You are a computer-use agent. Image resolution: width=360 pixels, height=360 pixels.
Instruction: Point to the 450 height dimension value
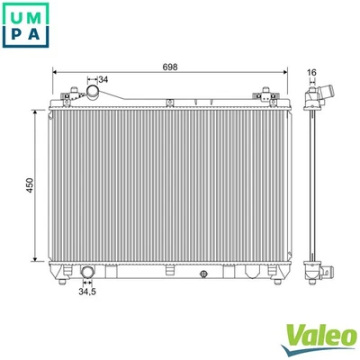pos(29,184)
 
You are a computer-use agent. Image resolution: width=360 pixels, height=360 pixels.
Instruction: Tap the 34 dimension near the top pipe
pos(103,81)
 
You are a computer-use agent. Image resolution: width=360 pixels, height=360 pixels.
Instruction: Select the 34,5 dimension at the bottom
pos(87,292)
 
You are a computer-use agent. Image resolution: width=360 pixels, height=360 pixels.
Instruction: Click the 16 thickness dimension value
pos(311,71)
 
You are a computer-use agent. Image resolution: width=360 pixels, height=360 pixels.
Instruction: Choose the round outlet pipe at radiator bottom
pos(87,273)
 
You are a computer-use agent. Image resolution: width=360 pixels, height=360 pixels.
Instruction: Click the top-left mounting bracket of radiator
pos(70,94)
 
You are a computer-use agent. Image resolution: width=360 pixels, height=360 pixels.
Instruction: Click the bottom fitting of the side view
pos(318,271)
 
